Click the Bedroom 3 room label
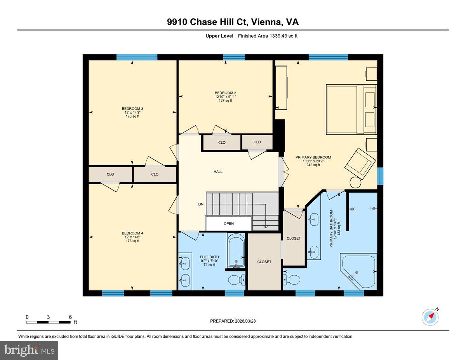click(130, 108)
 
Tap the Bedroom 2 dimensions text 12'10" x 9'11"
click(226, 97)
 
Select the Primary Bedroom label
click(313, 157)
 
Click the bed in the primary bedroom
click(351, 109)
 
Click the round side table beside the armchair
click(355, 182)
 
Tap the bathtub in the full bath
click(236, 250)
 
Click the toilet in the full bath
click(236, 280)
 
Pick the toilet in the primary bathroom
click(292, 279)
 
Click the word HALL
click(218, 172)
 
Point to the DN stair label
click(201, 204)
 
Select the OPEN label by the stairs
click(229, 224)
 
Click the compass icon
click(430, 317)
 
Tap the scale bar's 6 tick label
click(70, 317)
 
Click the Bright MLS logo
click(29, 350)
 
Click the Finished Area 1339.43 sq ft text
click(268, 36)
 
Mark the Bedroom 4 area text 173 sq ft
click(130, 241)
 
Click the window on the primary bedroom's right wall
click(380, 176)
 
